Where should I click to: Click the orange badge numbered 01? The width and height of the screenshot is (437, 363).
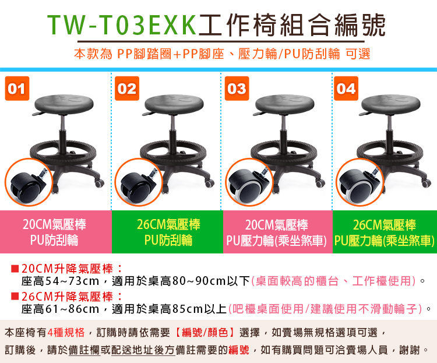click(17, 89)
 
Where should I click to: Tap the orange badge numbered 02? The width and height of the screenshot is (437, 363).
click(127, 89)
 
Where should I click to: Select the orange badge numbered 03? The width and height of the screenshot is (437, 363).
click(237, 89)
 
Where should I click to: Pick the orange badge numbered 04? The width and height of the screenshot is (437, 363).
click(346, 89)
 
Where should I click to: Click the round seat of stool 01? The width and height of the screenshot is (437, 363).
click(64, 104)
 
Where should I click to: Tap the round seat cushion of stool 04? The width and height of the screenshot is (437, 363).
click(391, 104)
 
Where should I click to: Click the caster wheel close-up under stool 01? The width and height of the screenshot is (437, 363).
click(29, 182)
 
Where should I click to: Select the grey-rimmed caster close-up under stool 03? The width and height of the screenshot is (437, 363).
click(249, 182)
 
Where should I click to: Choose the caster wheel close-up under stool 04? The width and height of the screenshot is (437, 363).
click(360, 182)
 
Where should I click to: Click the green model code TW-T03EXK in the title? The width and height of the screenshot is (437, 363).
click(122, 24)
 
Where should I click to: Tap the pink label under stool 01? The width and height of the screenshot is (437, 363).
click(56, 232)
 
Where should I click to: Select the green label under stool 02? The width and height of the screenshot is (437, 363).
click(167, 232)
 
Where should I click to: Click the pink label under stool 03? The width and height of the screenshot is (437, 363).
click(277, 232)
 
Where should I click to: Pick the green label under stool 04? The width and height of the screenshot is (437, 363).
click(385, 232)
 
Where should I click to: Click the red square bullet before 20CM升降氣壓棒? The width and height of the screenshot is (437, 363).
click(15, 269)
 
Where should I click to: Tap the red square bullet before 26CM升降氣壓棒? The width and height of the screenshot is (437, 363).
click(15, 297)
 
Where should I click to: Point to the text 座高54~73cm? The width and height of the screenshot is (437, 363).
click(61, 281)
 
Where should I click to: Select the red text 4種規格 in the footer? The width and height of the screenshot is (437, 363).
click(66, 333)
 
